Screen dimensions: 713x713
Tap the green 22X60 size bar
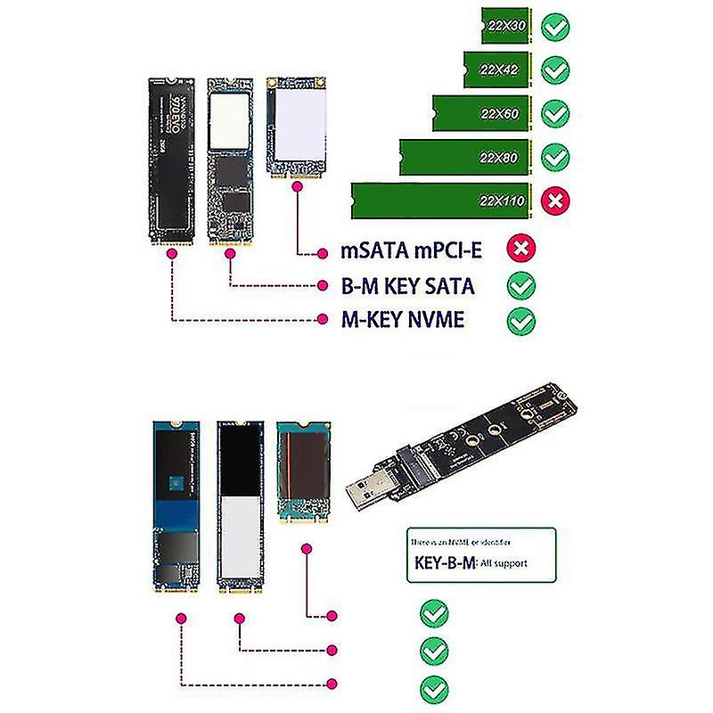coord(482,112)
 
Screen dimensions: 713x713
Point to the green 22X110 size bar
coord(441,200)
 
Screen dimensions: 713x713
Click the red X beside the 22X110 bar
coord(556,201)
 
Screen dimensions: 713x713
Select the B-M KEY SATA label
coord(408,286)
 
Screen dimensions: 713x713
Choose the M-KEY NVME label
coord(403,319)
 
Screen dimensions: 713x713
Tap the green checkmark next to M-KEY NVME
coord(521,320)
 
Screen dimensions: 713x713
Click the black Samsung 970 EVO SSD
coord(169,160)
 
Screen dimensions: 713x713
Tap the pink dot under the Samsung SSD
coord(171,253)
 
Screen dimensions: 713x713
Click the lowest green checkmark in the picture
coord(434,687)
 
